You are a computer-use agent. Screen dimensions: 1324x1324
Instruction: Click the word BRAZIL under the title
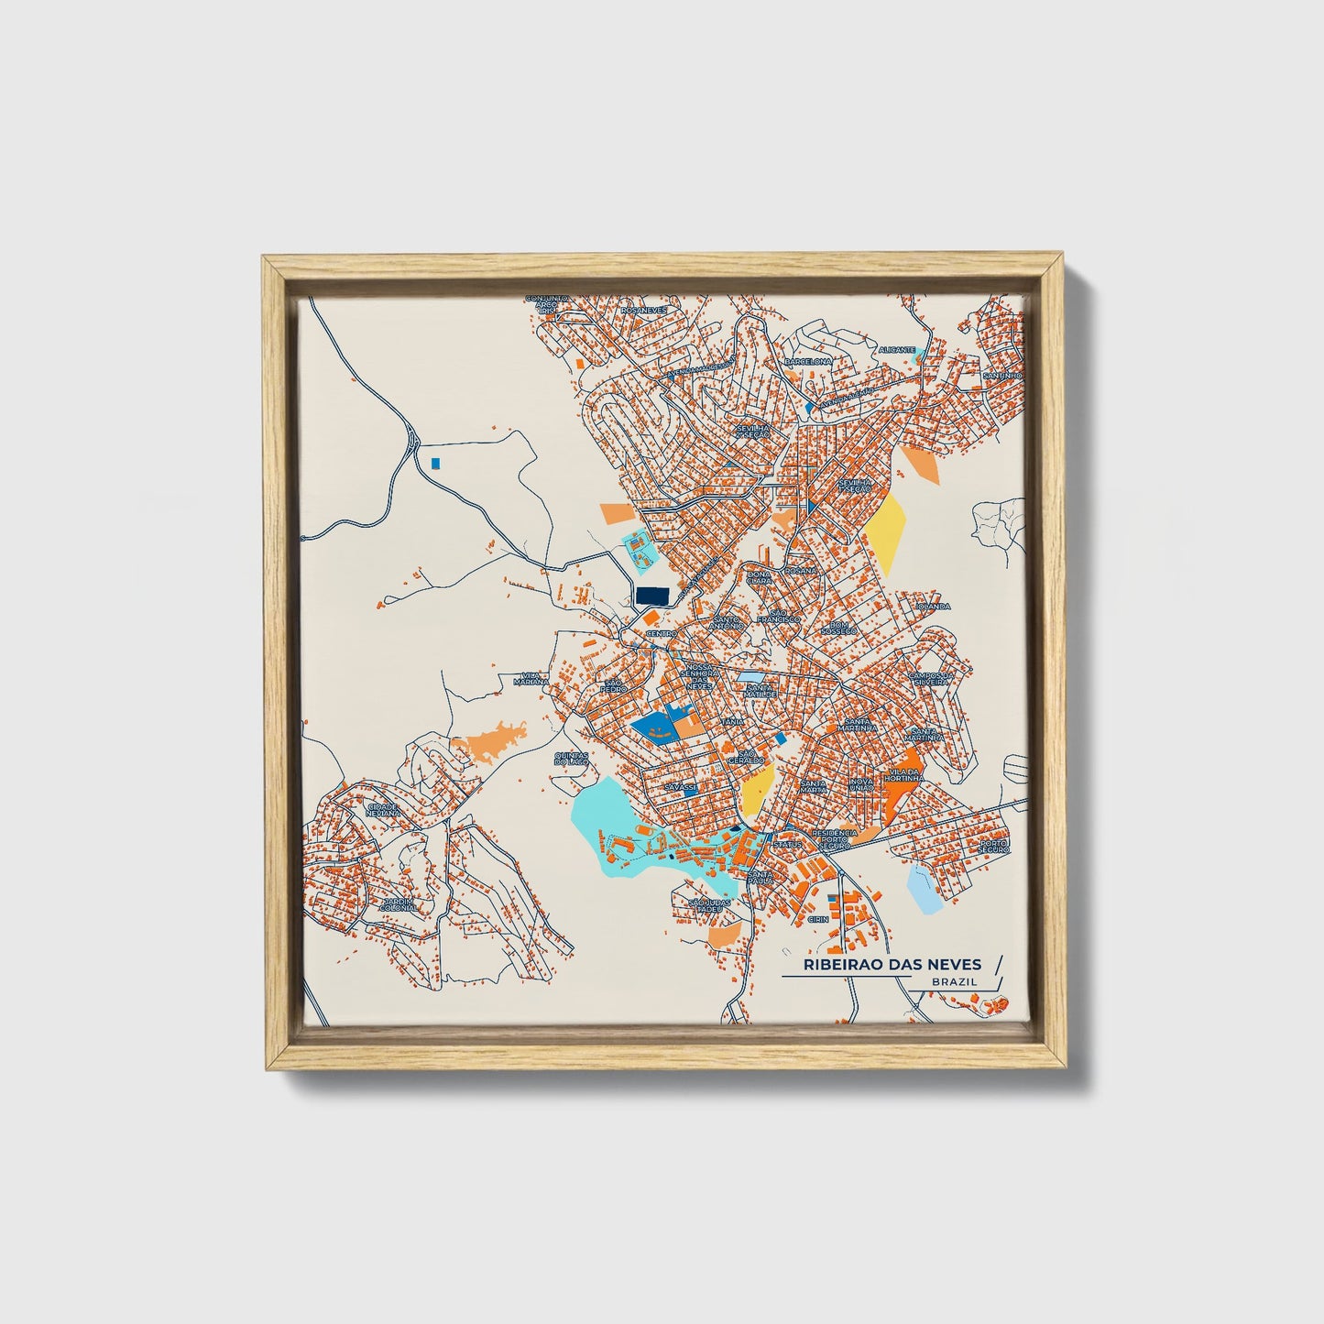(954, 981)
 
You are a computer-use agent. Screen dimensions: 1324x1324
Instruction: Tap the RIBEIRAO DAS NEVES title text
(892, 964)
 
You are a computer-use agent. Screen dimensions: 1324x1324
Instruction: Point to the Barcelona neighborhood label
(808, 362)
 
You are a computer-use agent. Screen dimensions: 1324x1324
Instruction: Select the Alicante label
(896, 350)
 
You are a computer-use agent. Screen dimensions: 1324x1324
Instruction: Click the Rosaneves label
(643, 311)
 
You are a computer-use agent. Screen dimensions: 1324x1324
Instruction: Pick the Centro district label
(661, 633)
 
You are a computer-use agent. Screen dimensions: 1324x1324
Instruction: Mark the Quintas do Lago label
(571, 759)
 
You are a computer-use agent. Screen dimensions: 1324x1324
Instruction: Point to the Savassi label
(682, 787)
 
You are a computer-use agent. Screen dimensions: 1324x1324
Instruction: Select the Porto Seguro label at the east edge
(993, 846)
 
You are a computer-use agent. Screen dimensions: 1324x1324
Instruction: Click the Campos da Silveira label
(932, 678)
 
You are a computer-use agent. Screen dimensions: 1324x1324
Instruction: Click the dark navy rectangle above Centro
(651, 596)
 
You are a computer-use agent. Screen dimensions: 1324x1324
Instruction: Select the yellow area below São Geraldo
(759, 789)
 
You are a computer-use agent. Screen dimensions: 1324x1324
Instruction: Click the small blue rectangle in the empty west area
(436, 463)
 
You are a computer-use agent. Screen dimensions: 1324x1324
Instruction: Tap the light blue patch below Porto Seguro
(923, 890)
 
